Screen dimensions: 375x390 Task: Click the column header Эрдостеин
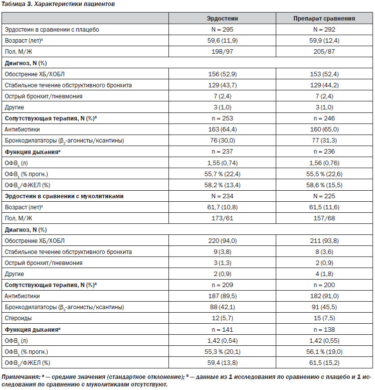click(222, 19)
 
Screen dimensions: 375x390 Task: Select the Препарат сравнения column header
click(324, 19)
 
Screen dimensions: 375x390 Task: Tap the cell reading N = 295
click(222, 30)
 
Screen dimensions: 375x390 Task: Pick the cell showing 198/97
click(222, 52)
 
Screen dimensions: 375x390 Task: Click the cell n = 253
click(222, 118)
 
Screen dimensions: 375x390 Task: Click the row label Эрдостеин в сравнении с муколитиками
click(64, 196)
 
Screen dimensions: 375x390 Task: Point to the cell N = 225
click(324, 196)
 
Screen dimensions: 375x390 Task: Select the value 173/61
click(222, 218)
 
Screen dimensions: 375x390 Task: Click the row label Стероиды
click(18, 318)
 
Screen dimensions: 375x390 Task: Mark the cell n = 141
click(222, 330)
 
